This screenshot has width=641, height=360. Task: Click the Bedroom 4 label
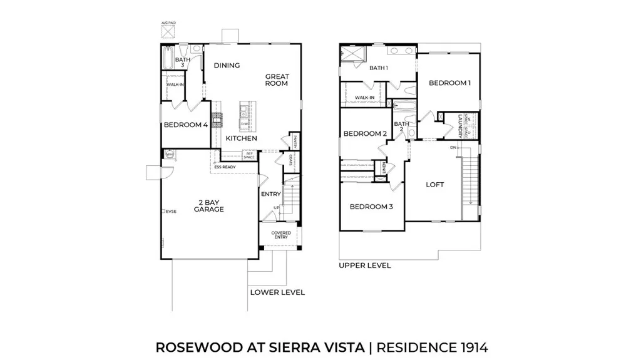pyautogui.click(x=185, y=125)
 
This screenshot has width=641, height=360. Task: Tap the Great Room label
pyautogui.click(x=276, y=80)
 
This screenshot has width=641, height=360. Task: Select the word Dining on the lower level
pyautogui.click(x=227, y=66)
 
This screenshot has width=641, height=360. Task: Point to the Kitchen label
pyautogui.click(x=241, y=138)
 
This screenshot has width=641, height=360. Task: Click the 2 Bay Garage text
pyautogui.click(x=208, y=207)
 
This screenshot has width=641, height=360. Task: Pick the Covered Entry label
pyautogui.click(x=280, y=235)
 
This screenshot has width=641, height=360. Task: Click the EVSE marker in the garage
pyautogui.click(x=169, y=212)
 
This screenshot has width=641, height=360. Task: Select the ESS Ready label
pyautogui.click(x=225, y=167)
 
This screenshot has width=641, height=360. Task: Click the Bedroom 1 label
pyautogui.click(x=449, y=83)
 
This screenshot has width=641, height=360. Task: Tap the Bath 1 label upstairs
pyautogui.click(x=379, y=68)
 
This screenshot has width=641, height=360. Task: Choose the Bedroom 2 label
pyautogui.click(x=365, y=133)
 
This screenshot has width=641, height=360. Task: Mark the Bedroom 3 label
pyautogui.click(x=371, y=207)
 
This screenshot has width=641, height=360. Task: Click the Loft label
pyautogui.click(x=435, y=185)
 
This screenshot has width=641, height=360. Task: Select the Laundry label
pyautogui.click(x=459, y=125)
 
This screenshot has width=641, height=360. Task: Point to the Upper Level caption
pyautogui.click(x=365, y=265)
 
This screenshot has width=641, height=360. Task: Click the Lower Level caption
pyautogui.click(x=277, y=292)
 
